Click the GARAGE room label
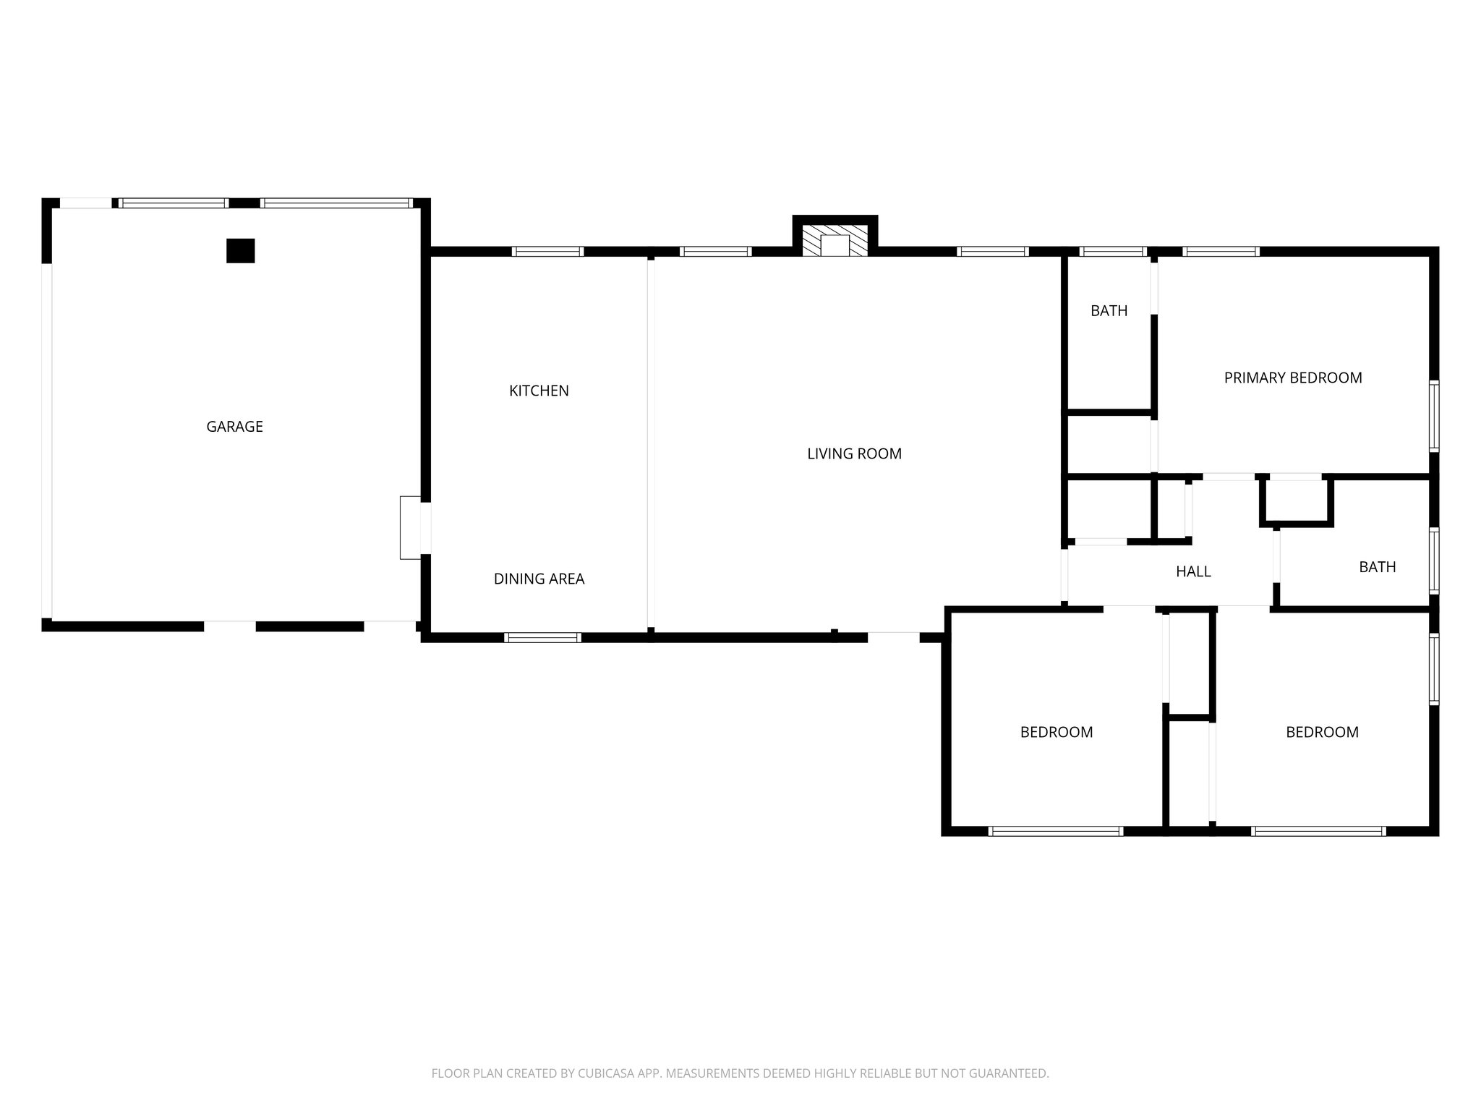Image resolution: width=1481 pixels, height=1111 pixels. point(234,427)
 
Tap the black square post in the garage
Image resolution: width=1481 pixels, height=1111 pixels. point(240,251)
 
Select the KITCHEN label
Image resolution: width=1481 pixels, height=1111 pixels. point(539,391)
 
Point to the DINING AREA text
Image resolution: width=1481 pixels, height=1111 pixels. point(539,579)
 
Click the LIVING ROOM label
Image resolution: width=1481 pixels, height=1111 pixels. point(854,454)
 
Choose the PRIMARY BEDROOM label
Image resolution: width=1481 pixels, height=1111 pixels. point(1292,378)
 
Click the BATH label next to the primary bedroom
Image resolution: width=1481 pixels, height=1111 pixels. point(1109,311)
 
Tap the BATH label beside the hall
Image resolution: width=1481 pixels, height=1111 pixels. point(1377,567)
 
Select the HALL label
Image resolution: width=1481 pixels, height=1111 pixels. point(1192,571)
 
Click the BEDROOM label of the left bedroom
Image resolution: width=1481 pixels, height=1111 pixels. point(1056,732)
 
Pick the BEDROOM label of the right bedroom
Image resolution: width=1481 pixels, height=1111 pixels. point(1321,732)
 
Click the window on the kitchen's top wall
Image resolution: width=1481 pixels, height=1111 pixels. point(547,252)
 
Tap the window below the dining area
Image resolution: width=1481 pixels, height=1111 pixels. point(542,637)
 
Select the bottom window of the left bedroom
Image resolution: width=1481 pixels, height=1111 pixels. point(1055,831)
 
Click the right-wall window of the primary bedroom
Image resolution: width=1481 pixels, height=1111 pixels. point(1433,417)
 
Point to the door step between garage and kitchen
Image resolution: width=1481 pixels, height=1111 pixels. point(410,527)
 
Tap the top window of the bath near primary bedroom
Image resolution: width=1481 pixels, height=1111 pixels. point(1112,252)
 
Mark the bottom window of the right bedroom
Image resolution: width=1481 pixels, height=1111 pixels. point(1318,831)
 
